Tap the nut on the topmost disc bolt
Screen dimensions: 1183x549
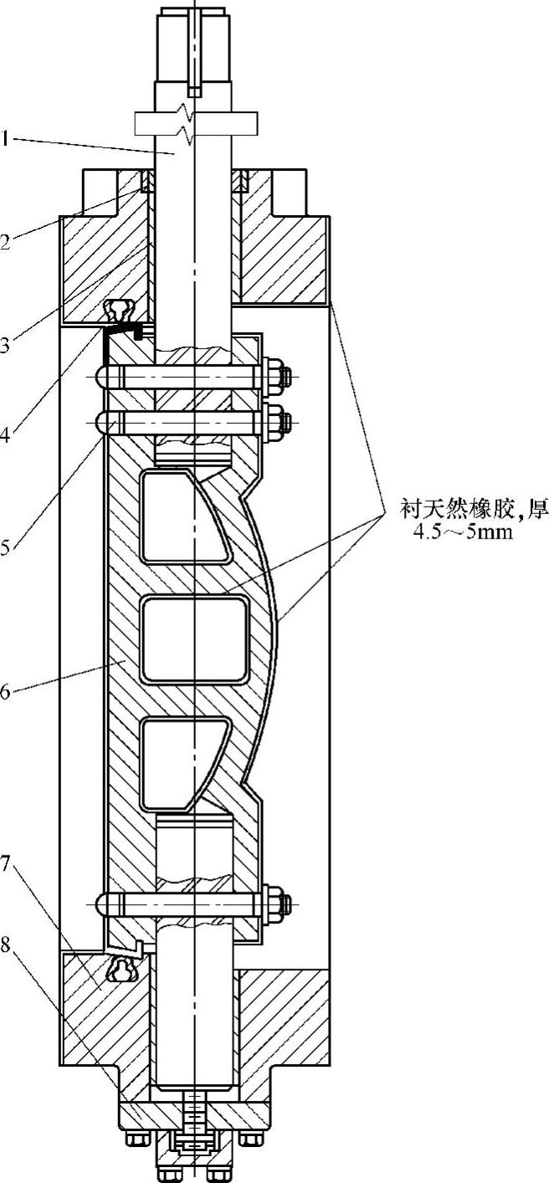click(277, 377)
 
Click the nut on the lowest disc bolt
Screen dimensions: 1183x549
click(276, 903)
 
